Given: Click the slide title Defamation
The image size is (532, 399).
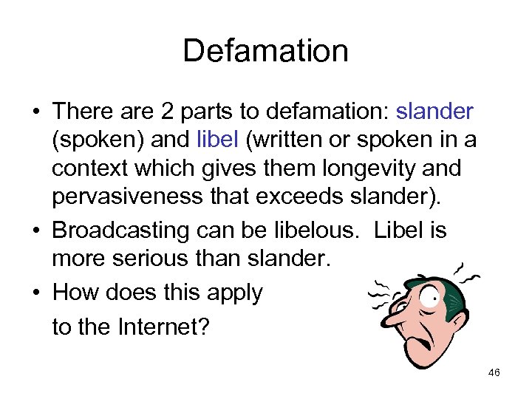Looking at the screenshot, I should pos(265,51).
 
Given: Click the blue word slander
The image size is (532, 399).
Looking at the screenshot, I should pos(435,112).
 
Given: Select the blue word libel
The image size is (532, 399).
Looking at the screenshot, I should pos(214,140).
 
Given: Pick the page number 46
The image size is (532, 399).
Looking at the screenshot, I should pos(494,372).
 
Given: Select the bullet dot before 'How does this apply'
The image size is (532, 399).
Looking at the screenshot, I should pos(36,293).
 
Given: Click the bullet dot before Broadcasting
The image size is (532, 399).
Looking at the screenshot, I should pos(36,230).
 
